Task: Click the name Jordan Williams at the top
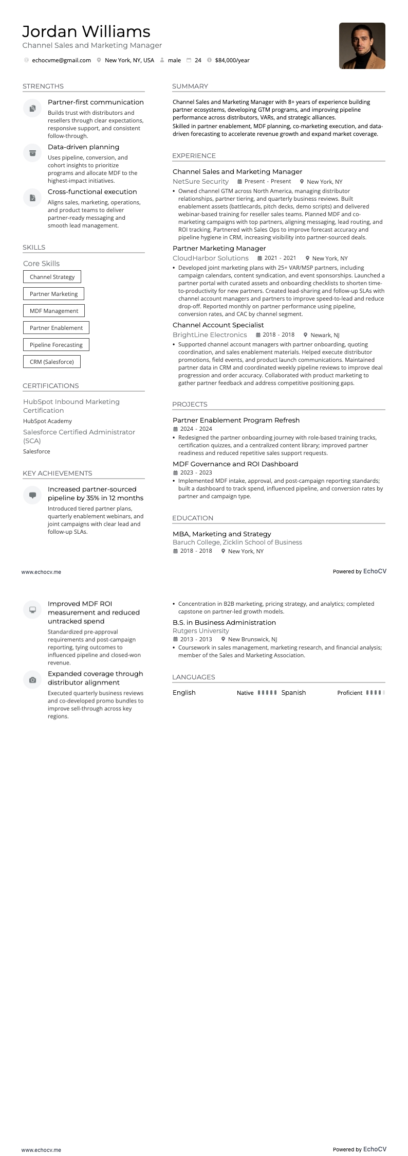86,32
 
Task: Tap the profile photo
362,46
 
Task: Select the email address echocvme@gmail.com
61,60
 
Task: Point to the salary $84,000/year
232,60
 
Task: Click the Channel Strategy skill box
52,277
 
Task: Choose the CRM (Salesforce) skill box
52,362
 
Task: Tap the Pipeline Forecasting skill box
56,345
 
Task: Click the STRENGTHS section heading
43,86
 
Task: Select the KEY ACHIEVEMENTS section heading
58,474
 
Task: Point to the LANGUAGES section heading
194,677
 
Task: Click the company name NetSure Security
200,182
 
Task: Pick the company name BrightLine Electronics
210,335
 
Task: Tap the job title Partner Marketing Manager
219,249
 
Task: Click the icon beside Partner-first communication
32,108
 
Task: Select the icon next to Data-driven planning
32,153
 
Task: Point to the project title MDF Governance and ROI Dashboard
235,464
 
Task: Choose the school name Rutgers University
201,631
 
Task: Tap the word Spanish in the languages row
293,693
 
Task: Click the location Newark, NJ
325,335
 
